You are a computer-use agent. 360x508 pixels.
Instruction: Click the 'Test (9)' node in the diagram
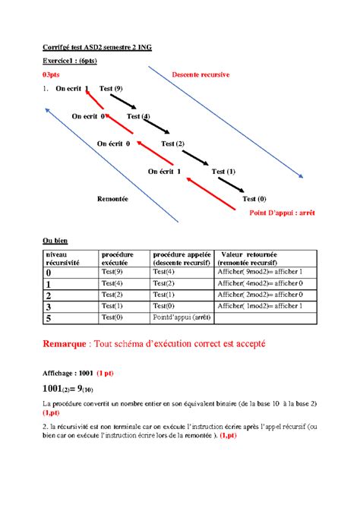pos(111,89)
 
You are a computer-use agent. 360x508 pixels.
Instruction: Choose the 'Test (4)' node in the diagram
pos(138,116)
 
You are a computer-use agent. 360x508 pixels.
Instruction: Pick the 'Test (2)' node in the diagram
pos(172,143)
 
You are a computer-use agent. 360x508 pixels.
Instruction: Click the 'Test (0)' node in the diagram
pos(254,198)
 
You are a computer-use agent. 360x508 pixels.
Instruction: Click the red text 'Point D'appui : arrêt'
pos(282,213)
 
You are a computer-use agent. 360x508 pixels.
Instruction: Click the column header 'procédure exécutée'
pos(117,258)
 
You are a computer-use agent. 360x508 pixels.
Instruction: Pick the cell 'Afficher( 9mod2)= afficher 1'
pos(259,272)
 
